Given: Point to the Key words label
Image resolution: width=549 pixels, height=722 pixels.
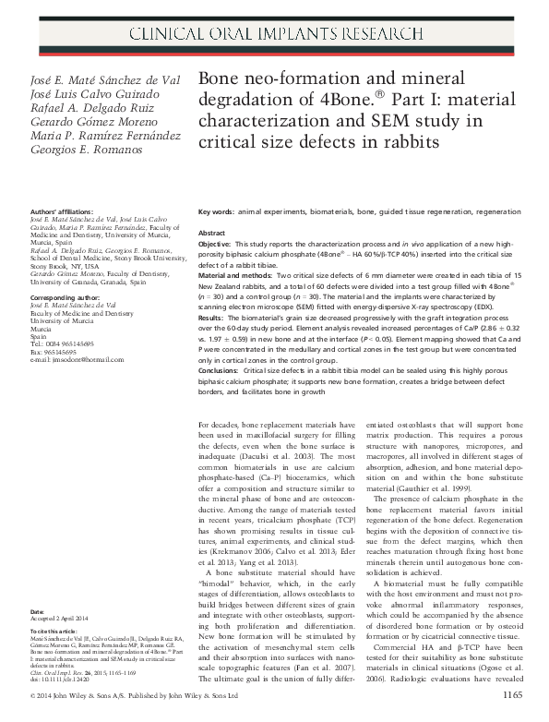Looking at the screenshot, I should (217, 211).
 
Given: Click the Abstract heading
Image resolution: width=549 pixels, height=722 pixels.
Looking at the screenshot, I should (212, 234).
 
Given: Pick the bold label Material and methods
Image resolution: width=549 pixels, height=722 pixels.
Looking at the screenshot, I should (237, 278).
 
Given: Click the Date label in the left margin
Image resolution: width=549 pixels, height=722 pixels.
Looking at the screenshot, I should (37, 612).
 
